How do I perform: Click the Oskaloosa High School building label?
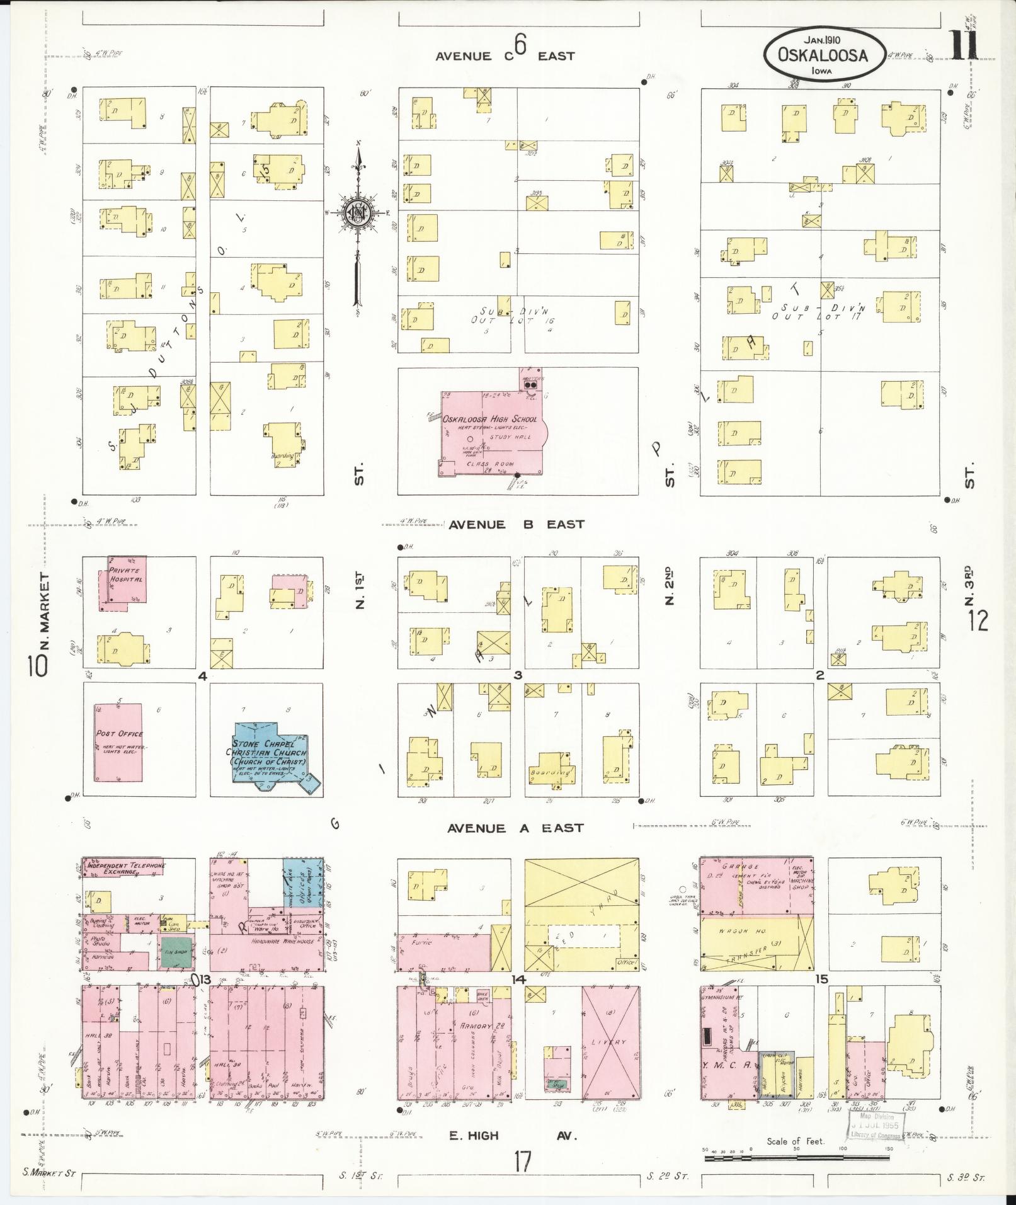click(489, 420)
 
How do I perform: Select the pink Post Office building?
click(118, 742)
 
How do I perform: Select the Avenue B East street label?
click(516, 524)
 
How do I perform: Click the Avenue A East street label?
click(516, 828)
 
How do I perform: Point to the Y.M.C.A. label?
click(727, 1066)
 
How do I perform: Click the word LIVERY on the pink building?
click(609, 1042)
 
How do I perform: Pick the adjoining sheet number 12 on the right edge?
click(979, 621)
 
